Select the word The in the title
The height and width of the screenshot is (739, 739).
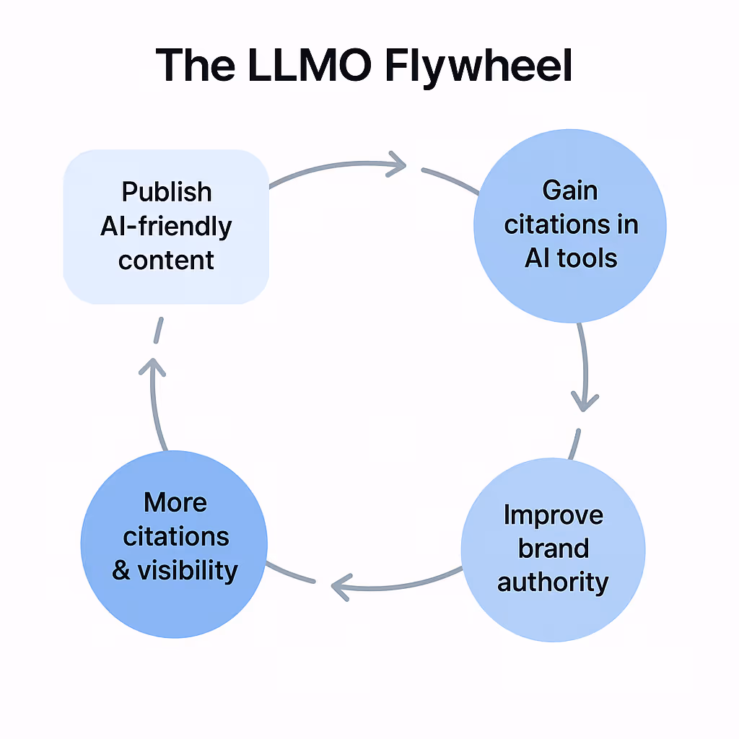coord(195,65)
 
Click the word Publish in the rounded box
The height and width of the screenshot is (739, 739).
coord(167,192)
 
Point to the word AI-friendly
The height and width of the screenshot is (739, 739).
coord(167,227)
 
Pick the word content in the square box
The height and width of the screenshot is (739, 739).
coord(167,260)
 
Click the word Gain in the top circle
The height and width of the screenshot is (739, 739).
coord(570,191)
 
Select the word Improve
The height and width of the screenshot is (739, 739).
coord(553,515)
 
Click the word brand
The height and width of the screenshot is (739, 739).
coord(553,548)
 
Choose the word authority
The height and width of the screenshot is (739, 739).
coord(553,582)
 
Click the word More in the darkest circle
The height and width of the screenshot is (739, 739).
coord(175,502)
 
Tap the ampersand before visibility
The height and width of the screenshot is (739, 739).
coord(122,571)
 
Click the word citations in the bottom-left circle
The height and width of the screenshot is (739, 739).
coord(175,537)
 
